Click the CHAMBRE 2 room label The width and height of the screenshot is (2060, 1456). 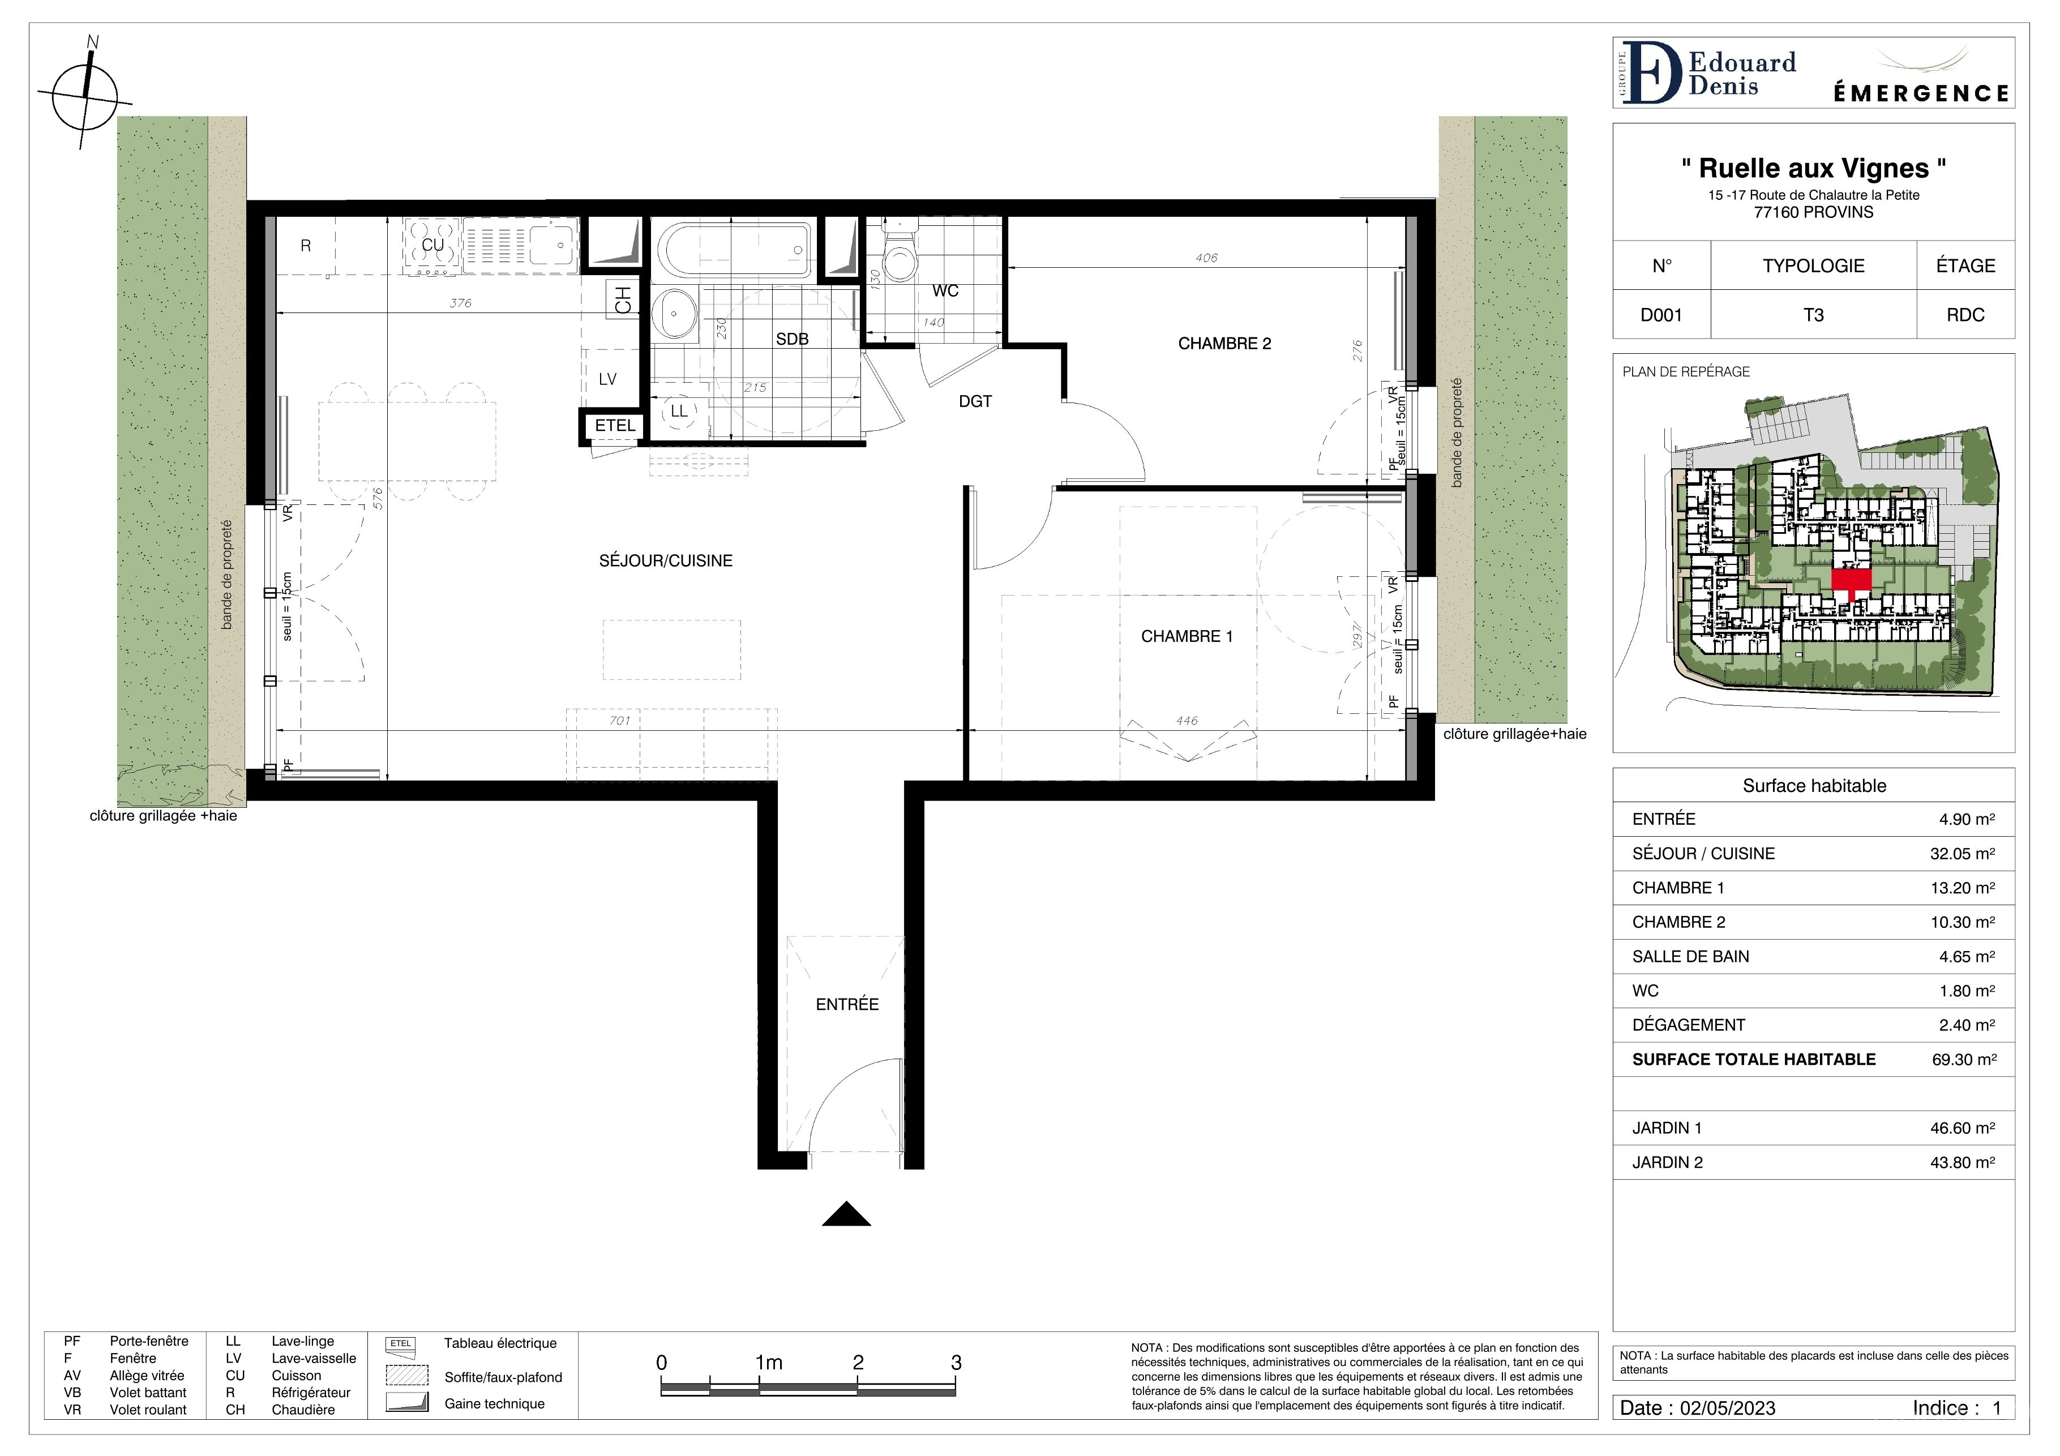click(x=1224, y=344)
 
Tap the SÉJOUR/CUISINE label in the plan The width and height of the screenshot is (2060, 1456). click(x=666, y=560)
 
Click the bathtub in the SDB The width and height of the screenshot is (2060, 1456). click(x=734, y=249)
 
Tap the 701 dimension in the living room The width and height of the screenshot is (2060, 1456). click(x=619, y=721)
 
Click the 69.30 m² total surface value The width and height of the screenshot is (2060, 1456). click(x=1964, y=1060)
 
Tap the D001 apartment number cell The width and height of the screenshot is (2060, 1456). click(x=1661, y=315)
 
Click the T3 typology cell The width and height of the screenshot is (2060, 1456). click(x=1813, y=315)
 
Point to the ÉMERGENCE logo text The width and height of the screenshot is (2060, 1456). click(x=1920, y=93)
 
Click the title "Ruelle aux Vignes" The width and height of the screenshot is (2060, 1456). click(x=1813, y=168)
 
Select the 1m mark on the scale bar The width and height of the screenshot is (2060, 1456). click(x=769, y=1363)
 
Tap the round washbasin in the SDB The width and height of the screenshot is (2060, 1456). click(x=674, y=314)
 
